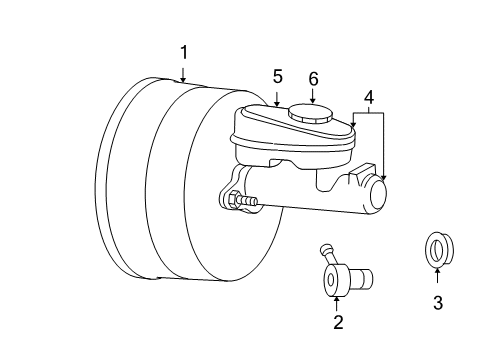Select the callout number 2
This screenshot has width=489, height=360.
pyautogui.click(x=337, y=321)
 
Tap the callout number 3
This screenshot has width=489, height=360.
pyautogui.click(x=437, y=303)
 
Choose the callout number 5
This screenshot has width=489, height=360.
pyautogui.click(x=278, y=75)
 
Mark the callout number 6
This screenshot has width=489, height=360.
pyautogui.click(x=313, y=78)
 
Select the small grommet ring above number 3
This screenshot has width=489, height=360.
pyautogui.click(x=436, y=250)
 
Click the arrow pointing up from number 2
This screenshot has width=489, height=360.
pyautogui.click(x=337, y=299)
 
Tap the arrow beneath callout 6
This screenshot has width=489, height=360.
pyautogui.click(x=313, y=96)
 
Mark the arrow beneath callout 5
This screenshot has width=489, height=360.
pyautogui.click(x=278, y=96)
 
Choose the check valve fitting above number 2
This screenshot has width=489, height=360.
pyautogui.click(x=340, y=279)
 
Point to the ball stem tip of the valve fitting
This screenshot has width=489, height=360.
pyautogui.click(x=324, y=248)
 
